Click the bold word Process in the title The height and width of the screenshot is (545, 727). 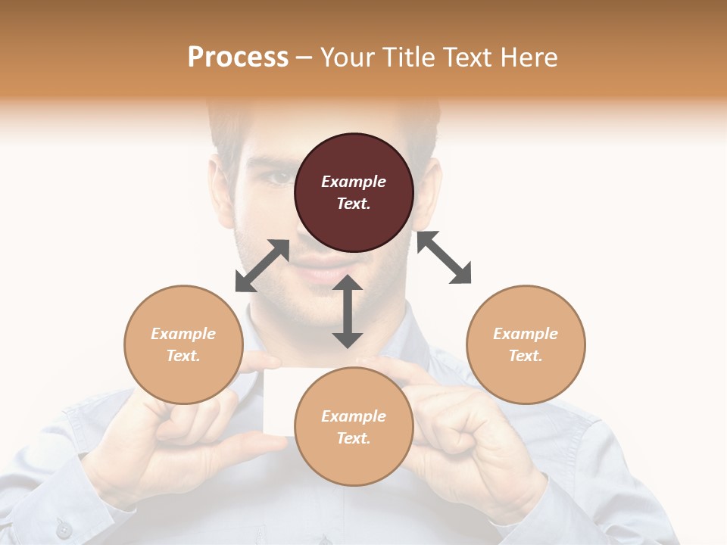tap(238, 58)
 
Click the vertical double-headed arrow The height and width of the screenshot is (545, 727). tap(348, 311)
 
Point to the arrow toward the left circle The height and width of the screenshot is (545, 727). tap(262, 266)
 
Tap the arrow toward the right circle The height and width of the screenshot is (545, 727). tap(444, 257)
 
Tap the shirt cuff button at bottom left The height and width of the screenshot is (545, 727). tap(64, 529)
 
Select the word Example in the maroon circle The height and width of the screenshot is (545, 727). tap(354, 182)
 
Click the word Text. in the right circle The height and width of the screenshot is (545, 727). tap(526, 356)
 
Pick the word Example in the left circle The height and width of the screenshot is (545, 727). tap(183, 334)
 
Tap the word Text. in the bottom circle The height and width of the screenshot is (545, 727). tap(354, 438)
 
